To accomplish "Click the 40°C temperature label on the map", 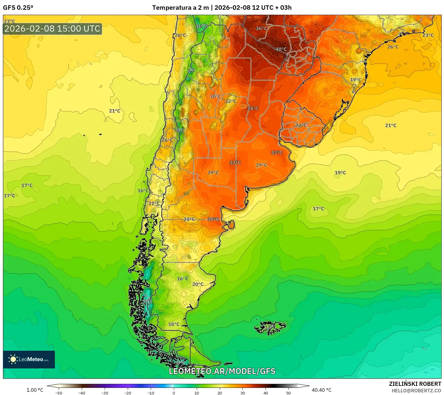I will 281,49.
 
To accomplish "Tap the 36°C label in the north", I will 261,28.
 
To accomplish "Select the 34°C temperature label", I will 253,108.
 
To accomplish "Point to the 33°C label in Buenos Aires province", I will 277,153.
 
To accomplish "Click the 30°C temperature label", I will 215,97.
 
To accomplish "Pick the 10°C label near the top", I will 202,26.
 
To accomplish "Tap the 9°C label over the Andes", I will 191,70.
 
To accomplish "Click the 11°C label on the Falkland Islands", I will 270,327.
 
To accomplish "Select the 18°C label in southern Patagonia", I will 174,324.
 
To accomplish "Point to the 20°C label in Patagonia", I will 198,284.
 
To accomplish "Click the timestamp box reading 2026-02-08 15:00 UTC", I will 53,29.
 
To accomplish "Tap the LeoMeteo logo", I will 29,359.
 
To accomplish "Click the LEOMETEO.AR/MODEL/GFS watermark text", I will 222,371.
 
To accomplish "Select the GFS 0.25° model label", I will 18,8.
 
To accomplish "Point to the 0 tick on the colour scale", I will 174,393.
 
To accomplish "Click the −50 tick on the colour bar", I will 59,393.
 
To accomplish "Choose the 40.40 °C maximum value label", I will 322,390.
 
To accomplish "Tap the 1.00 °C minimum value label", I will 35,390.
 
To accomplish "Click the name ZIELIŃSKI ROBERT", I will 415,384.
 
